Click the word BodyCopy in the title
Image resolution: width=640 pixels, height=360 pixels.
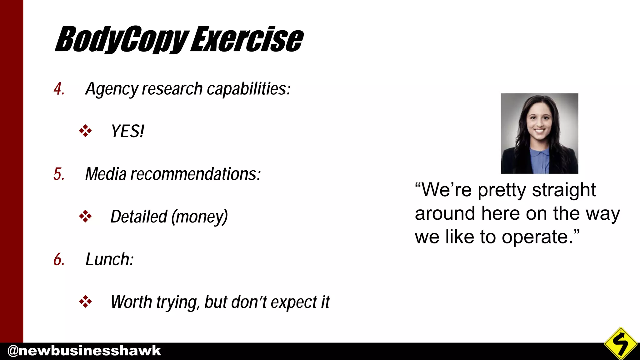[122, 40]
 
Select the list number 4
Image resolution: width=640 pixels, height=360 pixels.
[59, 89]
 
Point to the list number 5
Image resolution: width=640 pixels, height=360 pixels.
[59, 174]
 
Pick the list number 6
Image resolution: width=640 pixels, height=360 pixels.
[59, 260]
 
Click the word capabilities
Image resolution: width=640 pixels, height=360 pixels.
[249, 89]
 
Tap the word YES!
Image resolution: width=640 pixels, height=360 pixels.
[127, 131]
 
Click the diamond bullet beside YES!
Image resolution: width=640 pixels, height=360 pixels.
[85, 131]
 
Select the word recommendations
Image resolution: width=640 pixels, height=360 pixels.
[195, 174]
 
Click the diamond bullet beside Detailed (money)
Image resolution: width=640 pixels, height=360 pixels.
[85, 216]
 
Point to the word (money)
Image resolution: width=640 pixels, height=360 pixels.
[200, 217]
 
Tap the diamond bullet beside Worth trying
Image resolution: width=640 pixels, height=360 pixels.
[85, 302]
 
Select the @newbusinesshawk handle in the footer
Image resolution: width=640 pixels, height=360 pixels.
[84, 351]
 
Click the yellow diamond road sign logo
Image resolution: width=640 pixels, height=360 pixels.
[621, 343]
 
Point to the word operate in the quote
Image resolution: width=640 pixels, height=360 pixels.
[540, 237]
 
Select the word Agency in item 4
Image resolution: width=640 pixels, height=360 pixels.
[112, 89]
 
